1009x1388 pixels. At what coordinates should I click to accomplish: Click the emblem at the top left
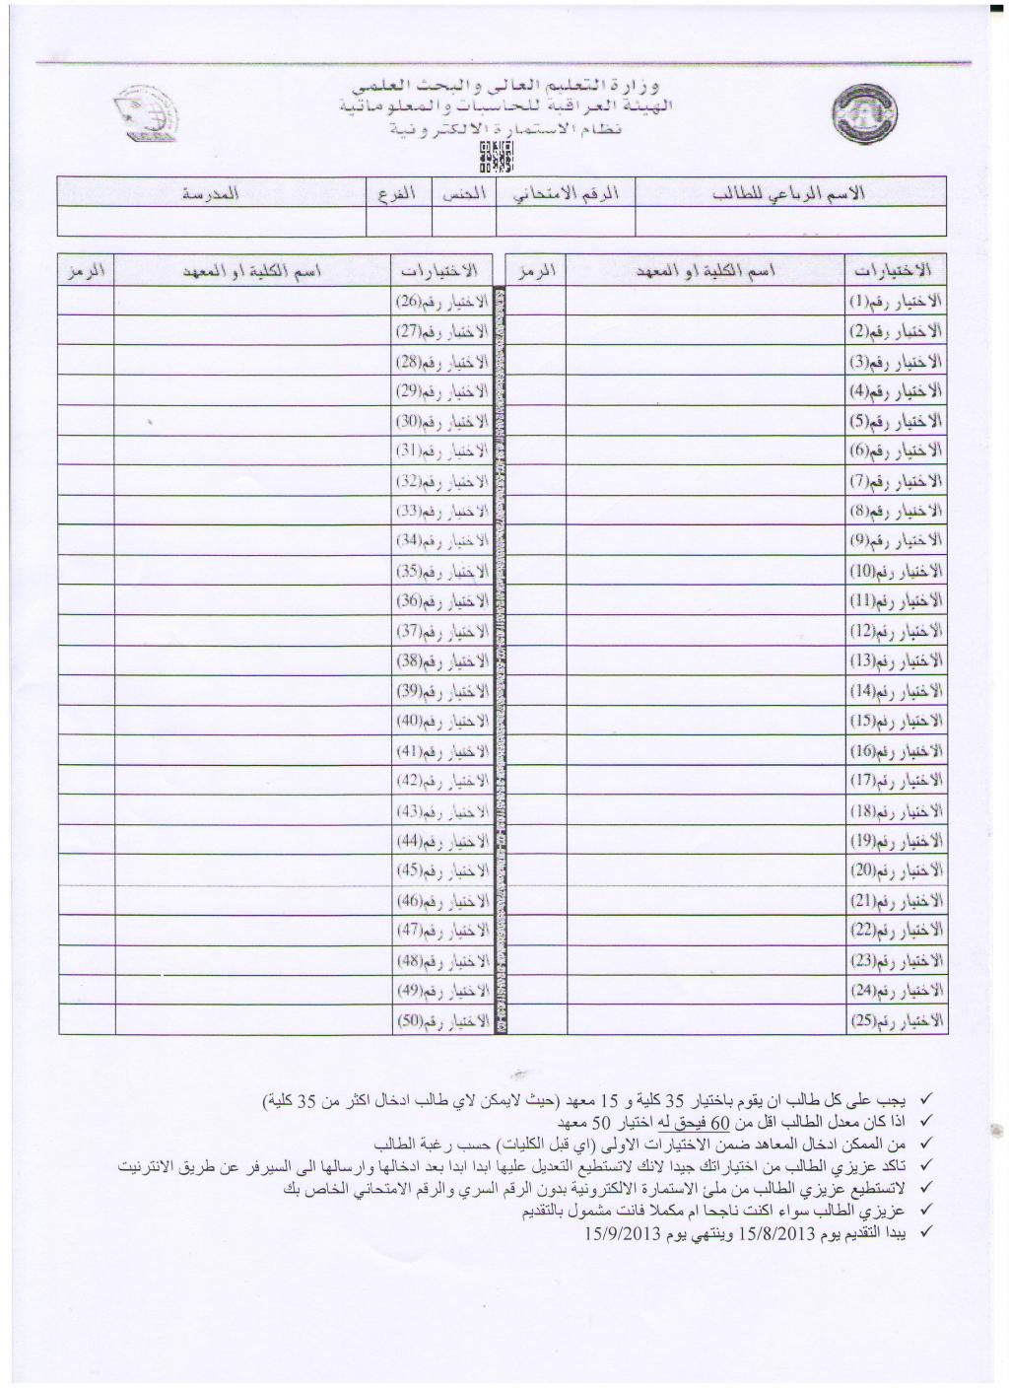point(145,115)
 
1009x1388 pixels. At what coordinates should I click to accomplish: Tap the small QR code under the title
point(497,156)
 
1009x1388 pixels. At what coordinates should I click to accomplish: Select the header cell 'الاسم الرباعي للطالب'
point(790,192)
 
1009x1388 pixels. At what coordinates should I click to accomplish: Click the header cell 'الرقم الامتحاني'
point(566,192)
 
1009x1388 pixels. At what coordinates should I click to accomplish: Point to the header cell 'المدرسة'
point(212,192)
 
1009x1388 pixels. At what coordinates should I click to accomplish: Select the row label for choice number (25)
point(896,1020)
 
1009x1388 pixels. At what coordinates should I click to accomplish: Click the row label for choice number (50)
point(441,1020)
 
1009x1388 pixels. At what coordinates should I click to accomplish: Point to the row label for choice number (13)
point(896,660)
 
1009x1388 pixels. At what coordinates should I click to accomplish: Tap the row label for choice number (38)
point(441,660)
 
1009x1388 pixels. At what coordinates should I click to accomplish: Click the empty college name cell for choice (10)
point(706,571)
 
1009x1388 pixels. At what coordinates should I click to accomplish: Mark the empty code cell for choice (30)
point(86,421)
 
